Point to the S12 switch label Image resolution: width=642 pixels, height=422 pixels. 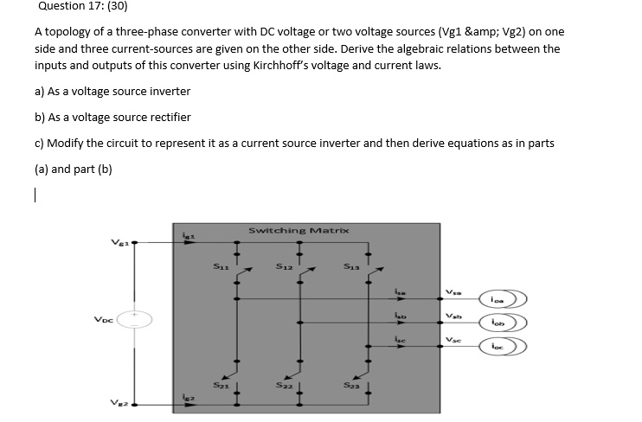tap(283, 268)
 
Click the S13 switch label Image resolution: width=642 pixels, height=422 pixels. tap(350, 268)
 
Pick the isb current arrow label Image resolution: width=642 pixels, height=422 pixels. tap(400, 314)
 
